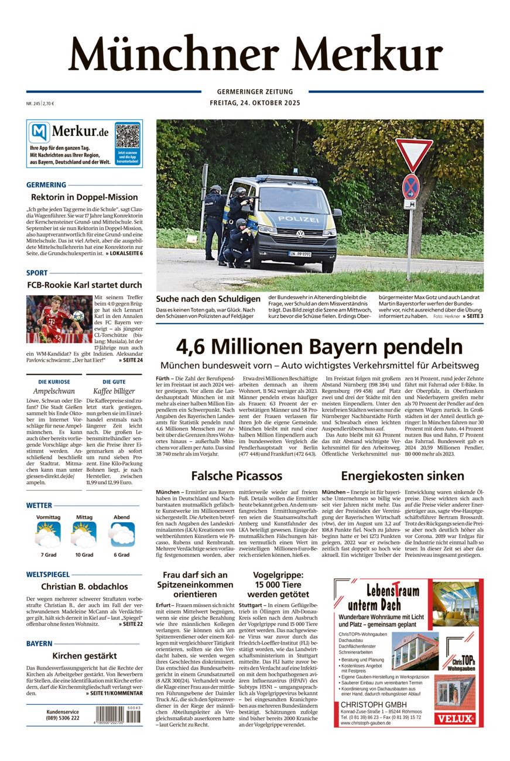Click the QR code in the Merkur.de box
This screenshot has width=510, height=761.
127,136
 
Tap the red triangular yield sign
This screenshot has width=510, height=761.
413,153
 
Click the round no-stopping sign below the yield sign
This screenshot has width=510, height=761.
411,186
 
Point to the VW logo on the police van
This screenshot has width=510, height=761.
300,234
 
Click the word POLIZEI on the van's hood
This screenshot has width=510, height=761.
299,218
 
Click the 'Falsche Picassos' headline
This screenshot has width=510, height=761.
237,475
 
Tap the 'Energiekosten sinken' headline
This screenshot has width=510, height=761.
402,475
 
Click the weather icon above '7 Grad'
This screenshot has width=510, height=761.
48,534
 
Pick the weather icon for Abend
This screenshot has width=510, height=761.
122,534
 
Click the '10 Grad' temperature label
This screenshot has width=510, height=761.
84,554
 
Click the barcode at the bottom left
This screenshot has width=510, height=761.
119,715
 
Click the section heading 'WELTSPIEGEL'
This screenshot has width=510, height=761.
48,574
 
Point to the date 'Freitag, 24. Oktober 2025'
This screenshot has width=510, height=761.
255,103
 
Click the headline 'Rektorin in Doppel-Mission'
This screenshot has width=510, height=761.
84,197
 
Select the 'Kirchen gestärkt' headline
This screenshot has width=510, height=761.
84,656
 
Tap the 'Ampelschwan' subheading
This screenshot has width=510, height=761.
54,391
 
